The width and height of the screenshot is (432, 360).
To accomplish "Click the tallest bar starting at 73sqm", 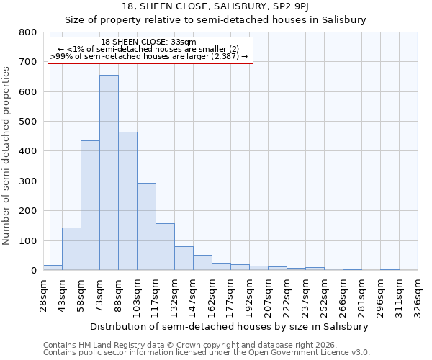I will coord(109,173).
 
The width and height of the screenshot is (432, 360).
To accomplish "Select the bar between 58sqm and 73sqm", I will coord(90,205).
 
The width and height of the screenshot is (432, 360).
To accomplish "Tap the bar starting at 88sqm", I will coord(127,201).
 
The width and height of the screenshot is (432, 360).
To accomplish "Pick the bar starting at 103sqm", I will coord(146,227).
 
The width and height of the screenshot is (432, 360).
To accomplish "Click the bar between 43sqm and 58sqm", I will coord(71,249).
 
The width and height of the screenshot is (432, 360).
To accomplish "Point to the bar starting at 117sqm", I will coord(165,247).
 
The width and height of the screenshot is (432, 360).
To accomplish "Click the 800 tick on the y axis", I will coord(27,32).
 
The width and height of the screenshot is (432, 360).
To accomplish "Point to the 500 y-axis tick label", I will coord(27,122).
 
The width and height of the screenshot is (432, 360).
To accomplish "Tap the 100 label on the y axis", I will coord(27,240).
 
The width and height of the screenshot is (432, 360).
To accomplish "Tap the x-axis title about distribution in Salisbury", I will coord(230,326).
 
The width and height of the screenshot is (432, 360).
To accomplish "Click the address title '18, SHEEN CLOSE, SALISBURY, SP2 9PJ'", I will coord(216,6).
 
